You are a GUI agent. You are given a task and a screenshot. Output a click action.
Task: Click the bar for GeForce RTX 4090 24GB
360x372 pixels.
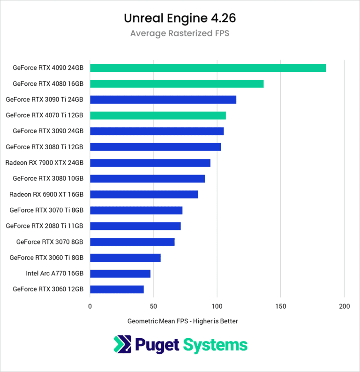click(x=208, y=68)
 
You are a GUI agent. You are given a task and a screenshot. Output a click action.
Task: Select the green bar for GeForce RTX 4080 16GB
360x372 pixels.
click(x=177, y=84)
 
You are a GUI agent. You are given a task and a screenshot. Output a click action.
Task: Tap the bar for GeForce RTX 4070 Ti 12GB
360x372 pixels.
click(x=157, y=115)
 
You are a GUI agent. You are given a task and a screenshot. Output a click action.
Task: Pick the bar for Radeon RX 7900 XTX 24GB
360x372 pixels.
click(x=150, y=163)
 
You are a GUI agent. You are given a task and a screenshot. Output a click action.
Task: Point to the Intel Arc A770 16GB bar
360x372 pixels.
click(x=120, y=273)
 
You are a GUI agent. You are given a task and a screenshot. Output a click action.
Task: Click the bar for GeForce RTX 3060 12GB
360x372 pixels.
click(x=117, y=289)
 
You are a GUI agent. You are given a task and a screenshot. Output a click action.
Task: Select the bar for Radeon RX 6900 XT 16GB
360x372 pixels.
click(x=144, y=194)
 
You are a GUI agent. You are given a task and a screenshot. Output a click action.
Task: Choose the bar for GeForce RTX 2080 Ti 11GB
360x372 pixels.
click(x=135, y=226)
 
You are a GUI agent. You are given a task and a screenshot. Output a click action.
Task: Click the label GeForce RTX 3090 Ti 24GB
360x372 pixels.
click(x=45, y=99)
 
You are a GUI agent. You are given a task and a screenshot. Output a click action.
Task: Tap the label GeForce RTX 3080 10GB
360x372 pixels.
click(x=48, y=178)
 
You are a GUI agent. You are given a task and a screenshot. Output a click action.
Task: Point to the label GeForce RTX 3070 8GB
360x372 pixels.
click(x=50, y=242)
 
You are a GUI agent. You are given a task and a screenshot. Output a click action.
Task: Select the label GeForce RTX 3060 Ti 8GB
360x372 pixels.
click(x=46, y=258)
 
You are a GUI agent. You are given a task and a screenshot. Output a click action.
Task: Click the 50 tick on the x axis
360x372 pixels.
click(x=153, y=306)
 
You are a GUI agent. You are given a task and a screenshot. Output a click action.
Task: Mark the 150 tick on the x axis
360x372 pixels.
click(x=280, y=306)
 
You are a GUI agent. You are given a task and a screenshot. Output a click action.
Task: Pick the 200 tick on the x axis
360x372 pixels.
click(x=344, y=306)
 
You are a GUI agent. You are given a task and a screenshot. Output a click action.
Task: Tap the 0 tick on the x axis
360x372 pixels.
click(x=90, y=306)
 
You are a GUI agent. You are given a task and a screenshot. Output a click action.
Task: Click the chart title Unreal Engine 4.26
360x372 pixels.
click(x=180, y=18)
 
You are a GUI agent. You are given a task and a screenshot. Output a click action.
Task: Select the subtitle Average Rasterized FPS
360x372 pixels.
click(x=180, y=33)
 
